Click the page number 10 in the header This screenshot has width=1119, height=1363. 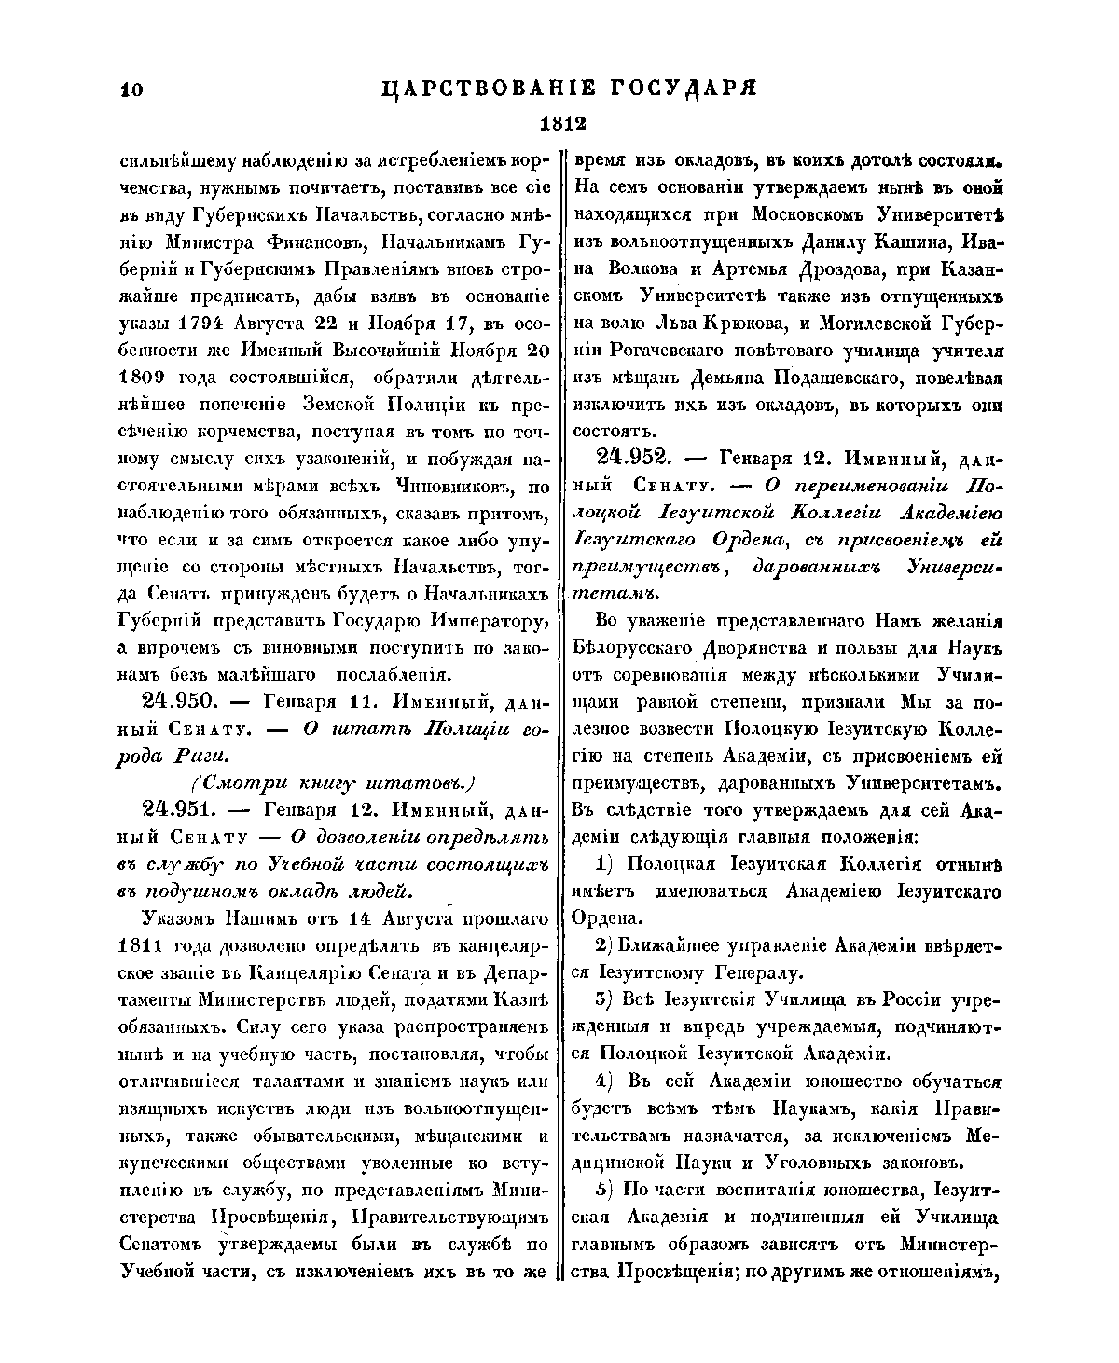click(130, 89)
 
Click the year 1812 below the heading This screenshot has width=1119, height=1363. click(561, 124)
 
